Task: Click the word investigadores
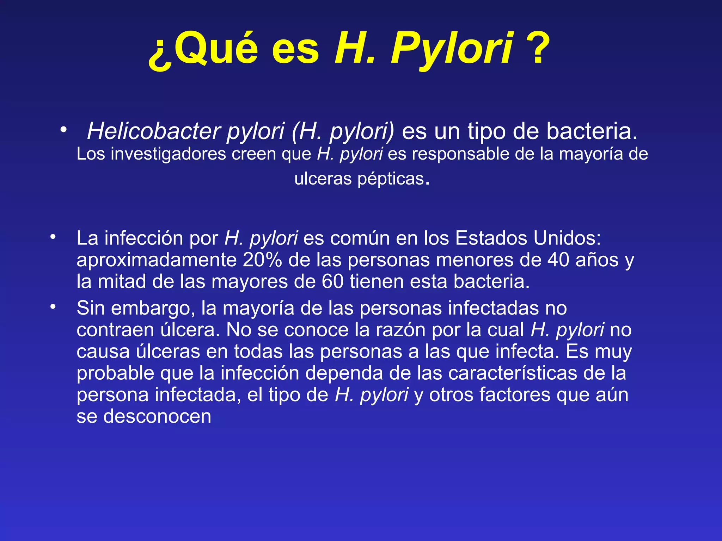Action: coord(168,154)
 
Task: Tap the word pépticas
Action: coord(391,179)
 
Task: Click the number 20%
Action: coord(262,260)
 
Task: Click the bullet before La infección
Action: coord(53,237)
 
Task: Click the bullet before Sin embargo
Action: coord(53,307)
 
